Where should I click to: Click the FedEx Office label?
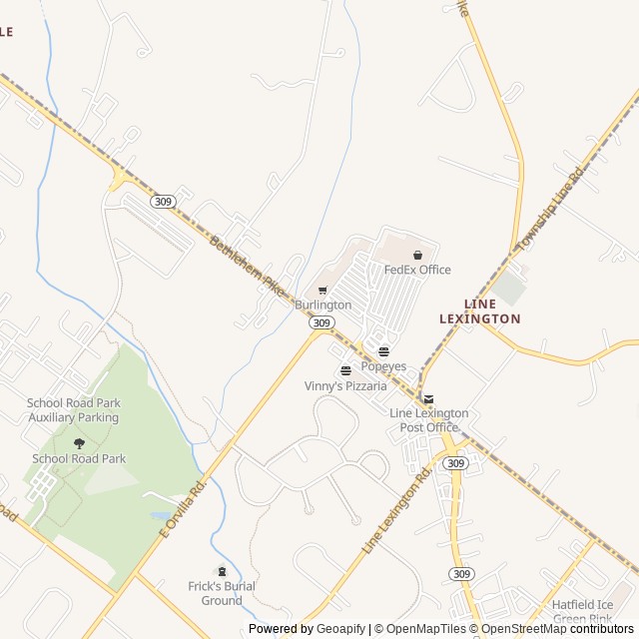417,270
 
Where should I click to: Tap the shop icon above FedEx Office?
417,255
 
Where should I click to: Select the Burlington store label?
322,305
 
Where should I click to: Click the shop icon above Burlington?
322,291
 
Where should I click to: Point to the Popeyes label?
383,366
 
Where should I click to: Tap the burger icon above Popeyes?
383,351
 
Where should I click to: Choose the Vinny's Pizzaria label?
345,385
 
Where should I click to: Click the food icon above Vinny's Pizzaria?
345,371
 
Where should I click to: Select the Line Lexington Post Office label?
428,420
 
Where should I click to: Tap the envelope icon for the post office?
428,399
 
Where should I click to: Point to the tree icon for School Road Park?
79,443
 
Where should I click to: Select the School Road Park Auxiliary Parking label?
74,409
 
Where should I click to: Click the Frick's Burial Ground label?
222,593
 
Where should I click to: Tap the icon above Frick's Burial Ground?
222,571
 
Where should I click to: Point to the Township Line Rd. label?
550,211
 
